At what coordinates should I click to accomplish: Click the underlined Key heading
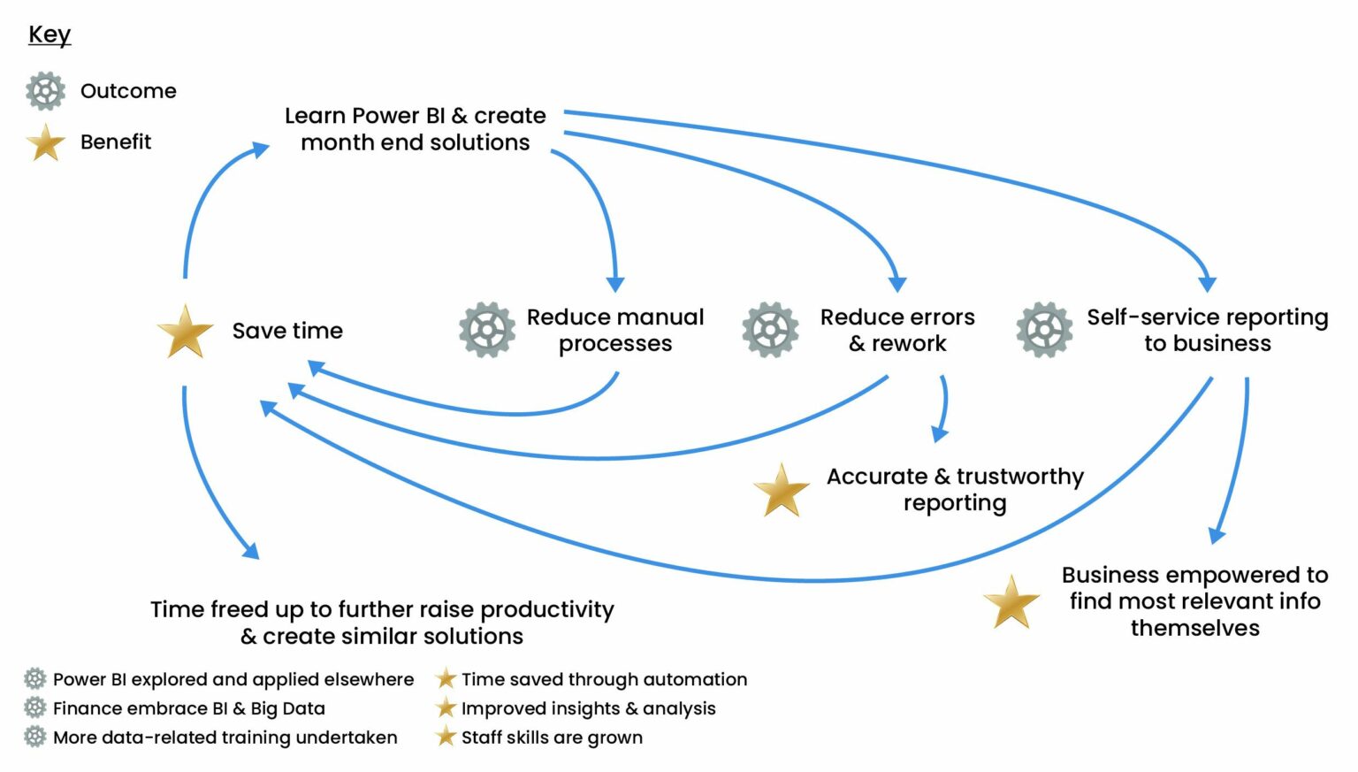click(50, 34)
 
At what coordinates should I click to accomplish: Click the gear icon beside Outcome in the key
click(45, 91)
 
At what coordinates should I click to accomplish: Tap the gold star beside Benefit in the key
click(45, 142)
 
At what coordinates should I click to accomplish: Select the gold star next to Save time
click(185, 332)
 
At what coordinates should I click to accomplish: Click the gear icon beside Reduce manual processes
click(487, 330)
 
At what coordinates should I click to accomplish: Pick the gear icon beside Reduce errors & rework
click(770, 330)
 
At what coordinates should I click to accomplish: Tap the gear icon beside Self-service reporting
click(1044, 330)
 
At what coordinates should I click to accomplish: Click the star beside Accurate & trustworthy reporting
click(782, 490)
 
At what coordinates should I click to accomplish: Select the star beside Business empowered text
click(1011, 602)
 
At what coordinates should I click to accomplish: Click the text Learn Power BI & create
click(415, 116)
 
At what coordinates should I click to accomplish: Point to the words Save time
click(287, 331)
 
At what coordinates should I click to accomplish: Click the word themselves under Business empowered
click(1194, 628)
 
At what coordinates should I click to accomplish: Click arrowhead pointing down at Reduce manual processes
click(615, 284)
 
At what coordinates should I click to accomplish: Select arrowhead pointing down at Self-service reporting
click(1207, 284)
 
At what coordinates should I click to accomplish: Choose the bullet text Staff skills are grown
click(552, 738)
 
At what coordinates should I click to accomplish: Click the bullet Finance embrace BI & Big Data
click(189, 708)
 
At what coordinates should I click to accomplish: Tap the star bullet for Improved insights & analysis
click(446, 708)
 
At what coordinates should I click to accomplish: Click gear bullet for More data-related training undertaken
click(34, 737)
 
